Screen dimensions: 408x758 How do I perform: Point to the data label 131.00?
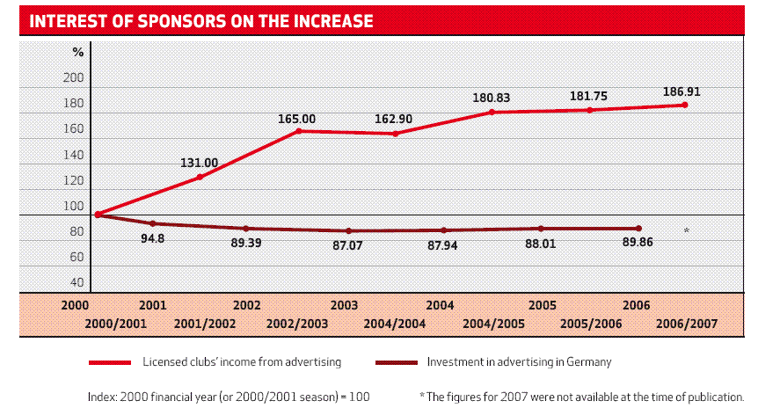coord(200,163)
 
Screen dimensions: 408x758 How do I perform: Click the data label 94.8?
coord(155,237)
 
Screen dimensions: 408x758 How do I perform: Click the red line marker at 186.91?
coord(684,106)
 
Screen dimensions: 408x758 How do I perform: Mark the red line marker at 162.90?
coord(396,134)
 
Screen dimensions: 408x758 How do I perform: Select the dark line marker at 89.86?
coord(638,229)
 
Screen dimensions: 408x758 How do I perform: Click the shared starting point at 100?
coord(98,215)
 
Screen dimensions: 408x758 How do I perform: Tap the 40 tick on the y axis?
coord(77,283)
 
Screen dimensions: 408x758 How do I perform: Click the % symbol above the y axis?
coord(77,52)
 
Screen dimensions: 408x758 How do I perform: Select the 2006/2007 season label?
coord(687,324)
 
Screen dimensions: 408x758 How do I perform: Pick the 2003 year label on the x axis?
coord(343,306)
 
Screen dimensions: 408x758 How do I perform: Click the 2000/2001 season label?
coord(115,324)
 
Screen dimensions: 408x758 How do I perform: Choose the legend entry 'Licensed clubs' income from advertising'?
coord(242,361)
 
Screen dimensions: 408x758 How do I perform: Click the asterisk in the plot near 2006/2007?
coord(686,231)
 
